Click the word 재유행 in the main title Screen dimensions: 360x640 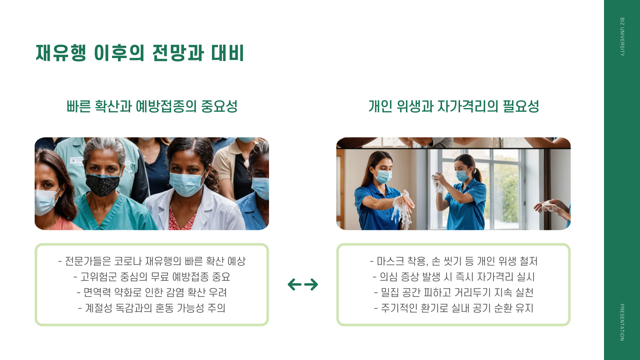(x=61, y=53)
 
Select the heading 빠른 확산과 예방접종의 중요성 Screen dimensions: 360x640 (x=152, y=106)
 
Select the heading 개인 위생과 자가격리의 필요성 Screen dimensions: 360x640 (x=454, y=106)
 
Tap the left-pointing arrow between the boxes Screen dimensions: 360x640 (x=294, y=284)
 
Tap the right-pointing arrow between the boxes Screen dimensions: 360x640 (x=311, y=284)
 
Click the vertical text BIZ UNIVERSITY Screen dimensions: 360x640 (x=622, y=37)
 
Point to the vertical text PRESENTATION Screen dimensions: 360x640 (x=622, y=322)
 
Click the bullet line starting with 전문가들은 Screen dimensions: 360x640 (x=152, y=261)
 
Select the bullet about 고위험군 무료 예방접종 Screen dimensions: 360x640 (x=152, y=277)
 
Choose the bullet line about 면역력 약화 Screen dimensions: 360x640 (x=152, y=292)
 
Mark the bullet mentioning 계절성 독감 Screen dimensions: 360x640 (x=152, y=308)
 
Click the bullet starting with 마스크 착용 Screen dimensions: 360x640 (x=454, y=261)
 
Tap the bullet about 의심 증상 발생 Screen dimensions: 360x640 (x=454, y=277)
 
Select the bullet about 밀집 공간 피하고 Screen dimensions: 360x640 (x=454, y=292)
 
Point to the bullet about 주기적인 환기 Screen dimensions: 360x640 (x=454, y=308)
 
